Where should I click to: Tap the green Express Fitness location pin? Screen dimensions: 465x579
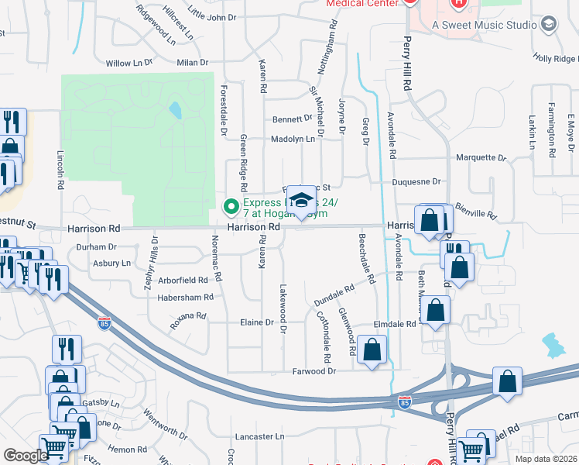click(230, 207)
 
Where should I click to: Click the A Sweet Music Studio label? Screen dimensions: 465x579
click(484, 25)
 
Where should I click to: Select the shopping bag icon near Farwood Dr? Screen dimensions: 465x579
click(372, 350)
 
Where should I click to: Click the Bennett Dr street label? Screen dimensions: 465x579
click(292, 119)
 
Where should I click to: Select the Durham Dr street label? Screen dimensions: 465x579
click(96, 247)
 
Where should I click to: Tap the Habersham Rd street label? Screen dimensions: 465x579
click(185, 297)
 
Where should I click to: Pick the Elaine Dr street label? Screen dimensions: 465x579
click(258, 322)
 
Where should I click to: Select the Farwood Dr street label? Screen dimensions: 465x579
click(314, 371)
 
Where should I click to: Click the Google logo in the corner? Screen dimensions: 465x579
click(26, 456)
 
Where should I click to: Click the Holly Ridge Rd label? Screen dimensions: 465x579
click(555, 59)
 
